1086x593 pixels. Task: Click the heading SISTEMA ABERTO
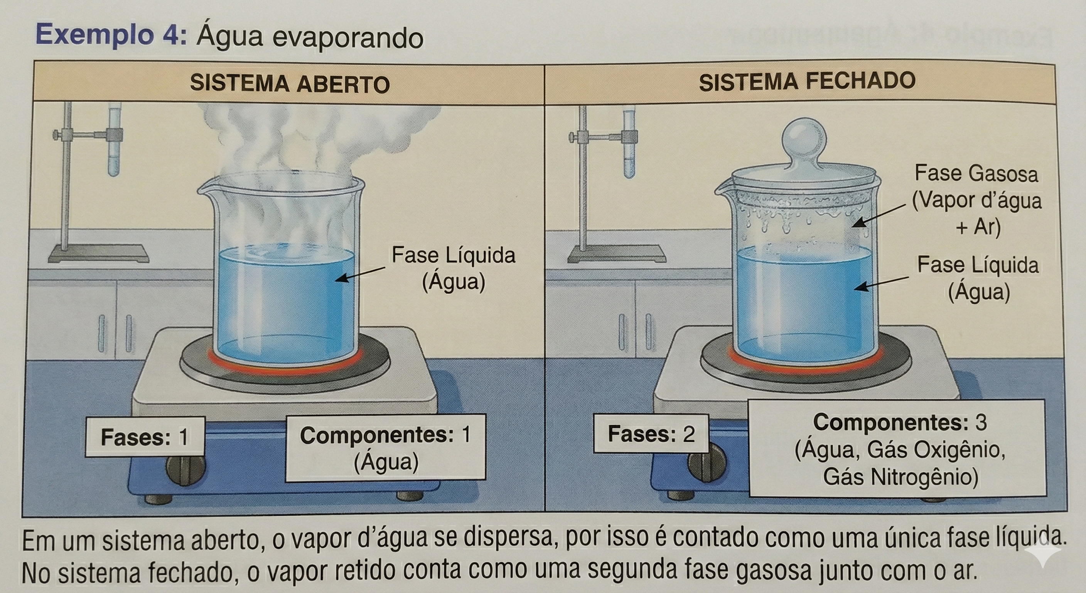point(290,83)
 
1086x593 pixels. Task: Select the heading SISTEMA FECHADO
point(807,81)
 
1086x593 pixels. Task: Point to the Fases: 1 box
point(145,437)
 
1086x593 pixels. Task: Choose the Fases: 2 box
point(651,434)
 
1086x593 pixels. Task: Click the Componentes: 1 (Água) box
point(385,448)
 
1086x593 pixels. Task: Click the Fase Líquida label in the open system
point(454,268)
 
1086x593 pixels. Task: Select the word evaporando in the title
point(347,38)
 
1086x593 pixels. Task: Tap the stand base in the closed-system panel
point(616,254)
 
